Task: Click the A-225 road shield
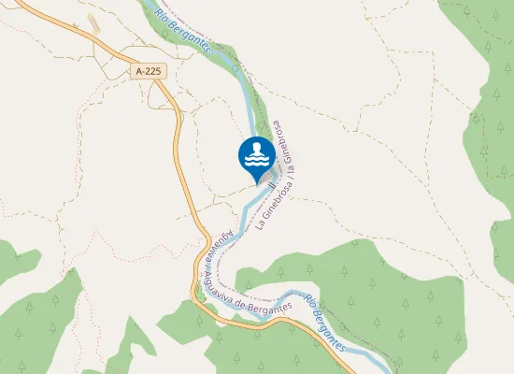coord(148,70)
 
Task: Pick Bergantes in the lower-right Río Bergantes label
coord(335,331)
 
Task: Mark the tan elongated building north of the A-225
coord(93,22)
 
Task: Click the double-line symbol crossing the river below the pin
coord(271,187)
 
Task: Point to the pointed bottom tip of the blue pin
coord(256,179)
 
